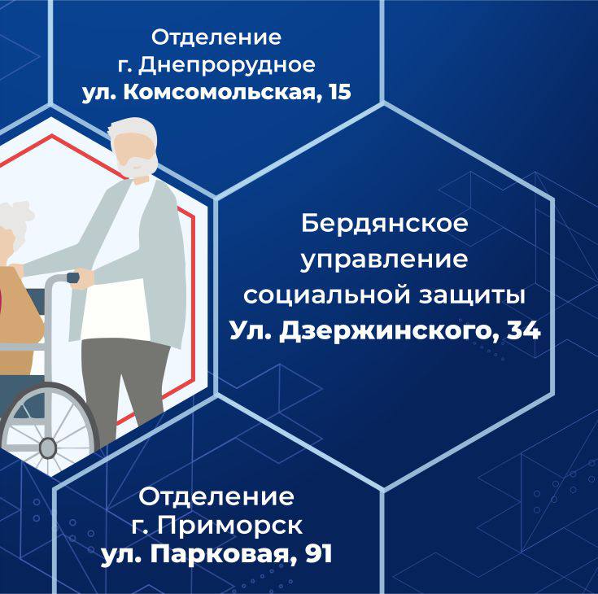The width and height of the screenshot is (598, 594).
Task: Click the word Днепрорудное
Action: pyautogui.click(x=227, y=66)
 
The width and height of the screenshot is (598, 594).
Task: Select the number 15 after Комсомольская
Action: pyautogui.click(x=339, y=92)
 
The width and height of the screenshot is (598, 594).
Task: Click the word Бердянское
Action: pyautogui.click(x=384, y=223)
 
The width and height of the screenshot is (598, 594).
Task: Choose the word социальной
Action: pyautogui.click(x=327, y=295)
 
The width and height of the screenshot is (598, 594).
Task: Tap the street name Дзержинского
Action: pyautogui.click(x=389, y=330)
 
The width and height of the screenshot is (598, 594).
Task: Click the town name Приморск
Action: pyautogui.click(x=230, y=526)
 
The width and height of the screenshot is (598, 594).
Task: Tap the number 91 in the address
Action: pyautogui.click(x=318, y=554)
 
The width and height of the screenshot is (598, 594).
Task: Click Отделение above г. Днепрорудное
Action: pyautogui.click(x=216, y=37)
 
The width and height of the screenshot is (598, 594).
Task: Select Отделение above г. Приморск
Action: pyautogui.click(x=216, y=497)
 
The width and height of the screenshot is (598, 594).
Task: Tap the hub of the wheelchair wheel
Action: pyautogui.click(x=48, y=448)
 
